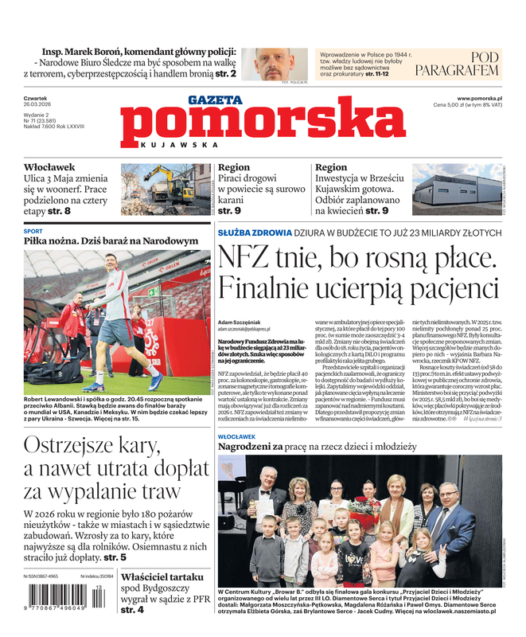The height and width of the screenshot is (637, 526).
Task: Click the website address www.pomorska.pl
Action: (x=485, y=97)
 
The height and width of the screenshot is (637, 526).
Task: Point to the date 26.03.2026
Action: (x=38, y=104)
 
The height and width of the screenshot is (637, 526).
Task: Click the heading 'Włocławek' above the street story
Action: (x=49, y=167)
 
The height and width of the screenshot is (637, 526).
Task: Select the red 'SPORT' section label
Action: (x=33, y=231)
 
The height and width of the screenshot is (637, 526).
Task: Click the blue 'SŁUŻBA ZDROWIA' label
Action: (x=255, y=233)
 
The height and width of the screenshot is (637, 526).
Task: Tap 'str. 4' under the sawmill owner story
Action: (x=133, y=610)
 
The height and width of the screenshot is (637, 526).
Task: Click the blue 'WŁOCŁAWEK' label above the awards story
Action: (x=236, y=437)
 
